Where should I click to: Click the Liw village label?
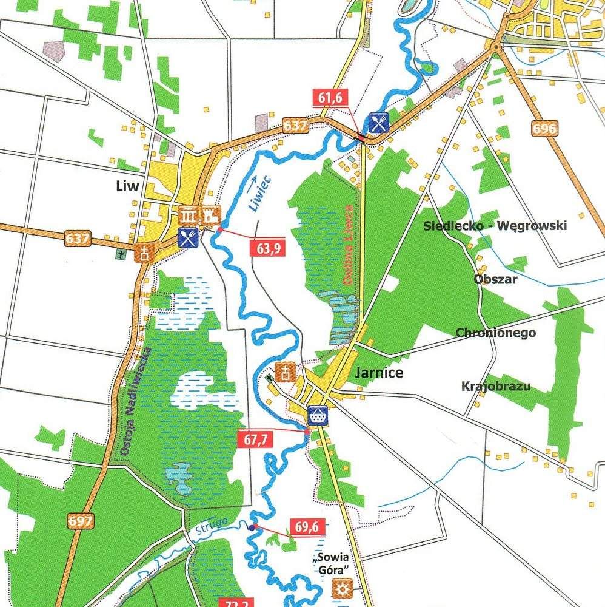pyautogui.click(x=128, y=186)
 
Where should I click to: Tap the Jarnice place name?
pyautogui.click(x=379, y=372)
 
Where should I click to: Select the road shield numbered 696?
pyautogui.click(x=544, y=128)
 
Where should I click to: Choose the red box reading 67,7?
pyautogui.click(x=256, y=441)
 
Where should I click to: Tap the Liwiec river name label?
pyautogui.click(x=258, y=192)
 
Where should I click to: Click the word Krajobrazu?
pyautogui.click(x=495, y=386)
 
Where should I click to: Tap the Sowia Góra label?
pyautogui.click(x=332, y=564)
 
